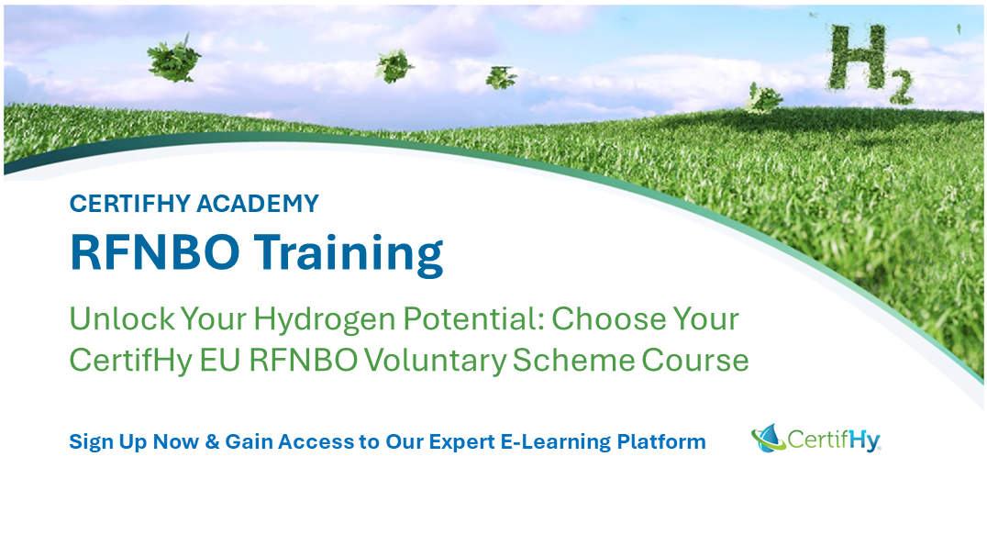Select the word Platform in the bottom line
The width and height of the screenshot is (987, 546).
pos(660,441)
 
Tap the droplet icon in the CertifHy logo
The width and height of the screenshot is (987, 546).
pos(768,438)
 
